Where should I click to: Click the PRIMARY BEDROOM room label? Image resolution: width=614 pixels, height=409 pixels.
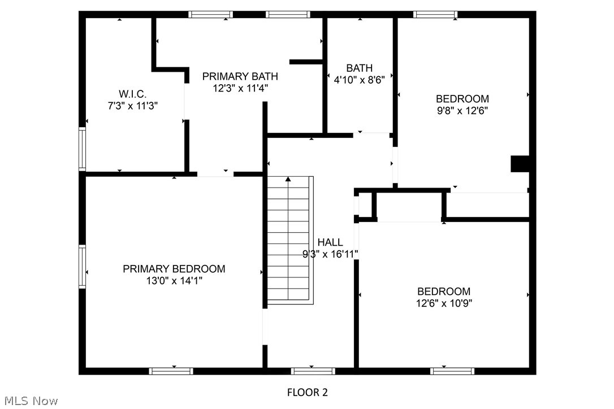point(174,269)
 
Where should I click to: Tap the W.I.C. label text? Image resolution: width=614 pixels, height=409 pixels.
point(132,94)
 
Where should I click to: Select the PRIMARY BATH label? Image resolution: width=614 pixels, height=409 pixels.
point(240,76)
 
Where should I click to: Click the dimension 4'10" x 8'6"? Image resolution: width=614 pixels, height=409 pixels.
point(359,80)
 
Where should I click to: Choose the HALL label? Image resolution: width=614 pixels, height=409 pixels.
point(330,242)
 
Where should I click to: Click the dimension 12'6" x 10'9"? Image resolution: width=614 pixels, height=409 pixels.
point(444,303)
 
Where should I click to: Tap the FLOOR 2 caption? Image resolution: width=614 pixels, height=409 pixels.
point(307,392)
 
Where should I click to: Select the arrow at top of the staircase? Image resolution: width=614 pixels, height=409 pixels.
point(288,180)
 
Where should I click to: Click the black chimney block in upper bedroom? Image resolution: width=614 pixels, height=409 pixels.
point(519,164)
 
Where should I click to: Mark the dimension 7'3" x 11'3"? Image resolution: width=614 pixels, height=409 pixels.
point(132,105)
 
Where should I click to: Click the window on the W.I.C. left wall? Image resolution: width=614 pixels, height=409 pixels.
point(82,149)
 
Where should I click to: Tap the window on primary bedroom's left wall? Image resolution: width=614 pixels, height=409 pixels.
point(82,267)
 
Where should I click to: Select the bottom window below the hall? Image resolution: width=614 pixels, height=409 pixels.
point(313,371)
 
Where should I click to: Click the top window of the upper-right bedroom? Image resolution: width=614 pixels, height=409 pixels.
point(435,15)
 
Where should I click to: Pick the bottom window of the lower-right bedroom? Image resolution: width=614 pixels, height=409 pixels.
point(452,371)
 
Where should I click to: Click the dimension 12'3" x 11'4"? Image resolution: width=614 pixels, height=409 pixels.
point(240,88)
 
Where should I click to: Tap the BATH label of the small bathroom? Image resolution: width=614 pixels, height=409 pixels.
point(359,68)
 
